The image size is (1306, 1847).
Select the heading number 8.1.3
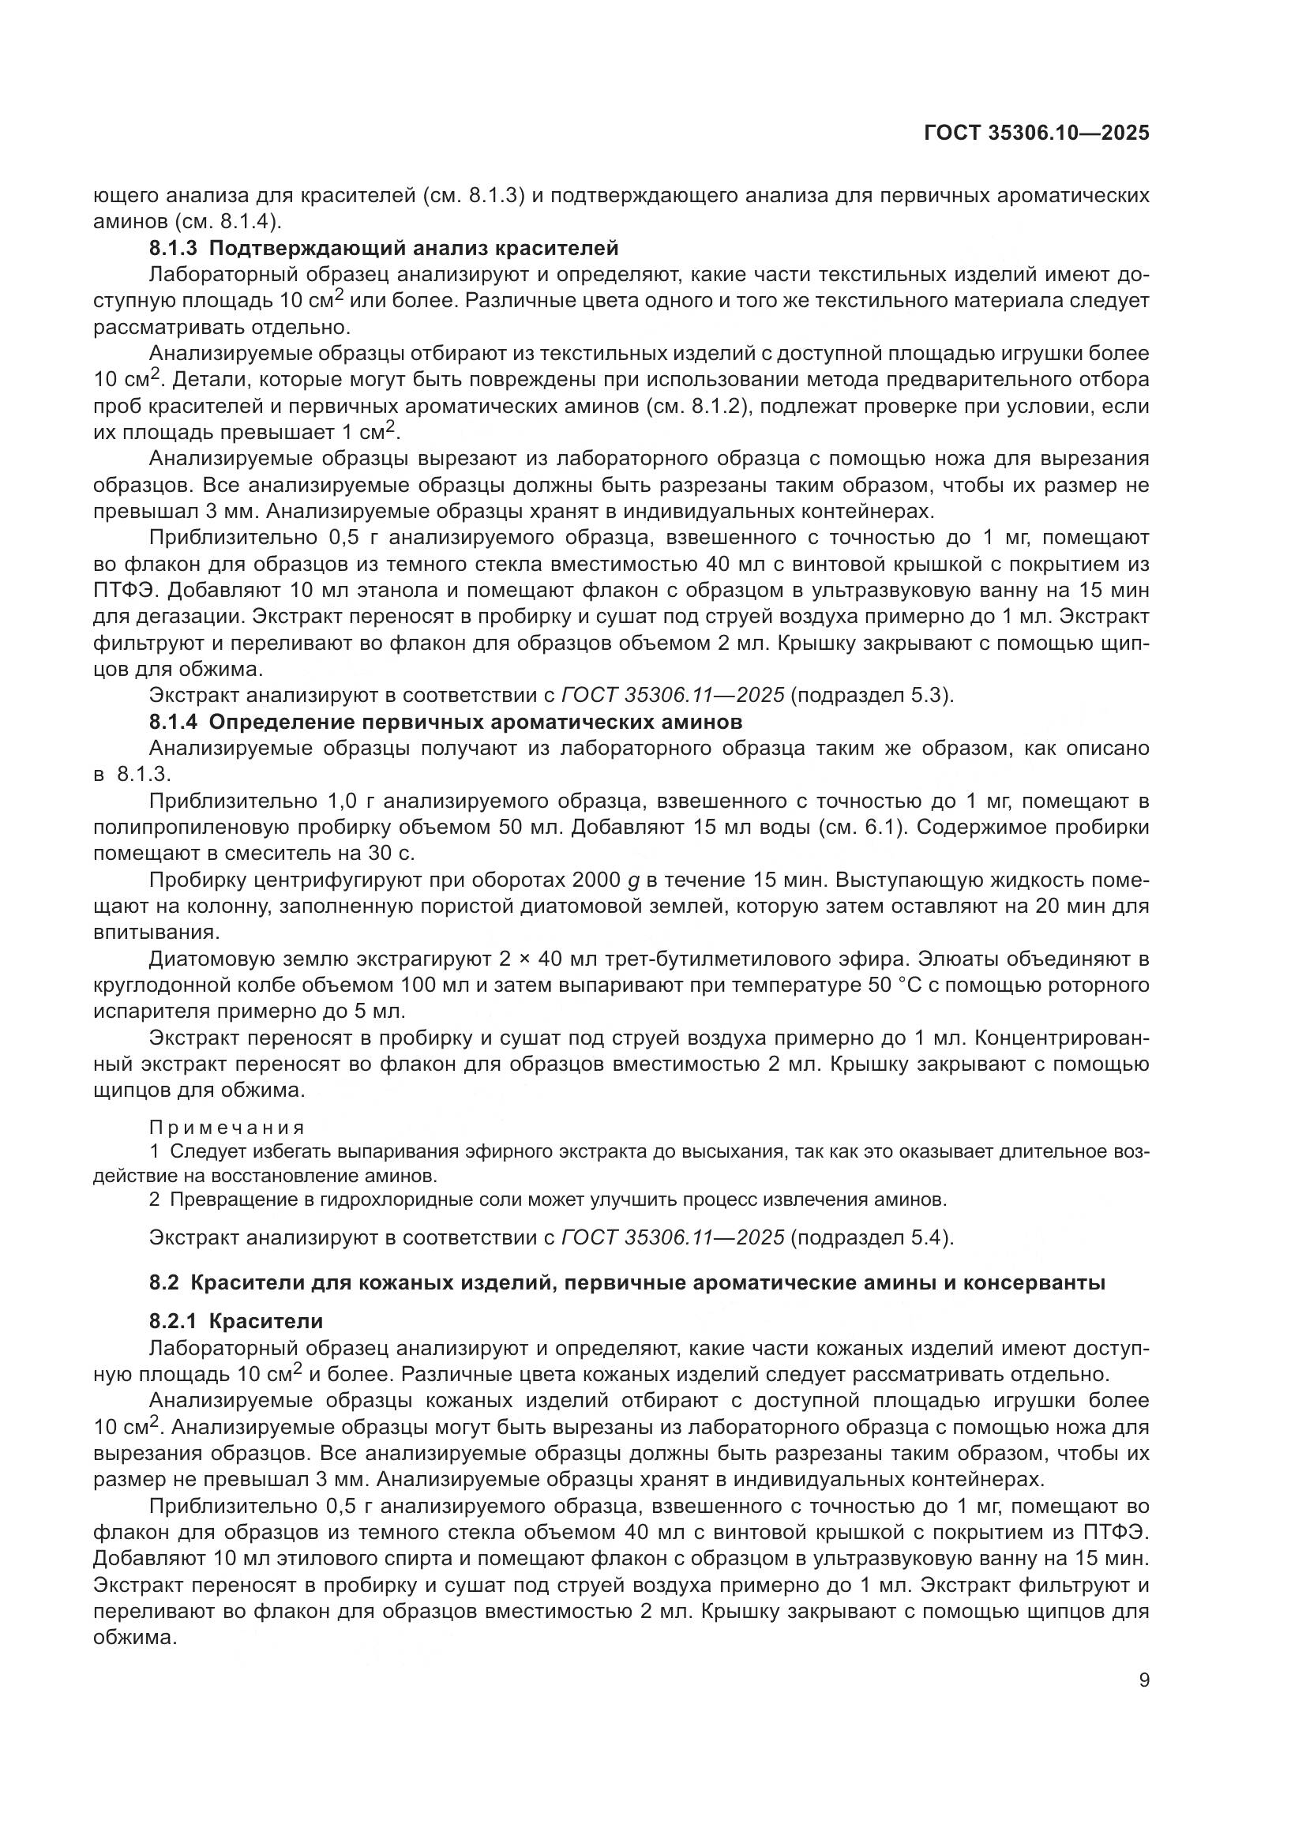click(x=173, y=248)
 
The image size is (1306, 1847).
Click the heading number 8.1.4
click(x=173, y=721)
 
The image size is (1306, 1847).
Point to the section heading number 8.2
click(x=163, y=1282)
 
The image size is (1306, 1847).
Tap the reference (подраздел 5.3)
click(x=873, y=694)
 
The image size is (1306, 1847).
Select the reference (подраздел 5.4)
click(x=873, y=1237)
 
